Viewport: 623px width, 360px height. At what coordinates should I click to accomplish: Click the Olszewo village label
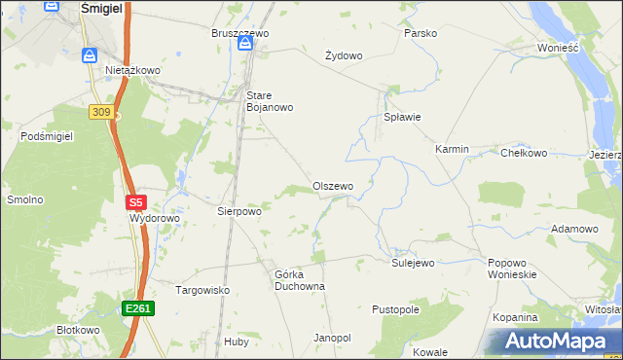332,186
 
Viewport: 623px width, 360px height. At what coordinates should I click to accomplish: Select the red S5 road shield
135,202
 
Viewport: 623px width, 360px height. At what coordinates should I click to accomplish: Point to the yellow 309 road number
99,113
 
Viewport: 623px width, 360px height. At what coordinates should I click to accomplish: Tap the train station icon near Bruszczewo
243,45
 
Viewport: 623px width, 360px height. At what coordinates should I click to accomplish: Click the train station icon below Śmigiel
89,55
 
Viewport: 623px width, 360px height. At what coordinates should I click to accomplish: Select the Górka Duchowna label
299,280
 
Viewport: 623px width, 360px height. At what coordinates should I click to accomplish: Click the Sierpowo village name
238,210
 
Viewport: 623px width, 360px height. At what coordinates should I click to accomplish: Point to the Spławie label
402,118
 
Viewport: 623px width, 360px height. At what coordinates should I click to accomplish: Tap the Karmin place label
452,150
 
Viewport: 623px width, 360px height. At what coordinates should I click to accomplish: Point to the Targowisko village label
202,290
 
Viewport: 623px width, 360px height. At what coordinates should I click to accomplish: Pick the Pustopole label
395,309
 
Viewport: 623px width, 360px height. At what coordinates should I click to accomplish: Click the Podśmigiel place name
47,137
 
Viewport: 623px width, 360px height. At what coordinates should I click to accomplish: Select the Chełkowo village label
524,153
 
